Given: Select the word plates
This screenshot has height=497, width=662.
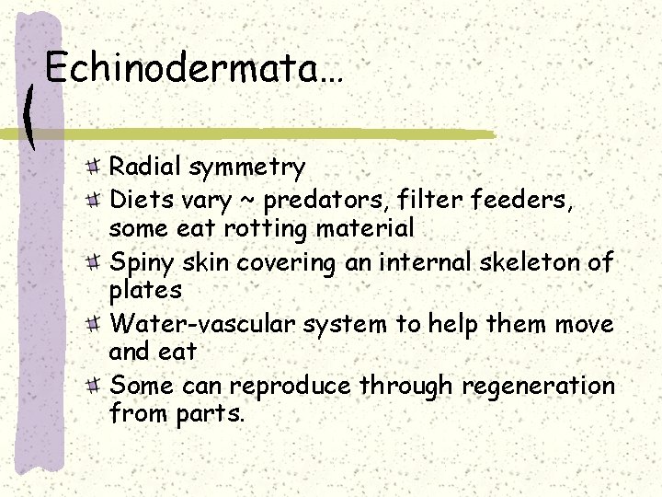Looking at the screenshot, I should [x=146, y=291].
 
